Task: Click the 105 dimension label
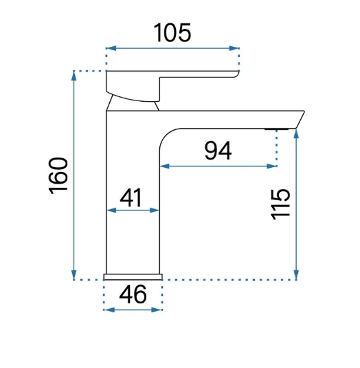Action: point(172,32)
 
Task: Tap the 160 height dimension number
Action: point(58,176)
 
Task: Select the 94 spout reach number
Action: point(218,151)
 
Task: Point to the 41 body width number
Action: point(131,197)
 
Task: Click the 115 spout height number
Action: point(280,204)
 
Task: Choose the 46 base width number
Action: point(133,294)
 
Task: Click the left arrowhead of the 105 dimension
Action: point(111,48)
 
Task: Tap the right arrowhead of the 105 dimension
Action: point(234,48)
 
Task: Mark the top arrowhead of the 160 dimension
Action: point(74,76)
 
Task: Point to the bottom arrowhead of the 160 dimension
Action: point(74,274)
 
